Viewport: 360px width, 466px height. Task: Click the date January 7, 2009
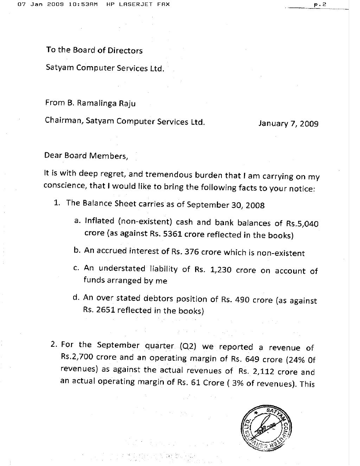click(288, 123)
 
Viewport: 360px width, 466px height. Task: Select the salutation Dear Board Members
click(86, 156)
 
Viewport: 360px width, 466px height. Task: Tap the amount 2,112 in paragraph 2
click(263, 371)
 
